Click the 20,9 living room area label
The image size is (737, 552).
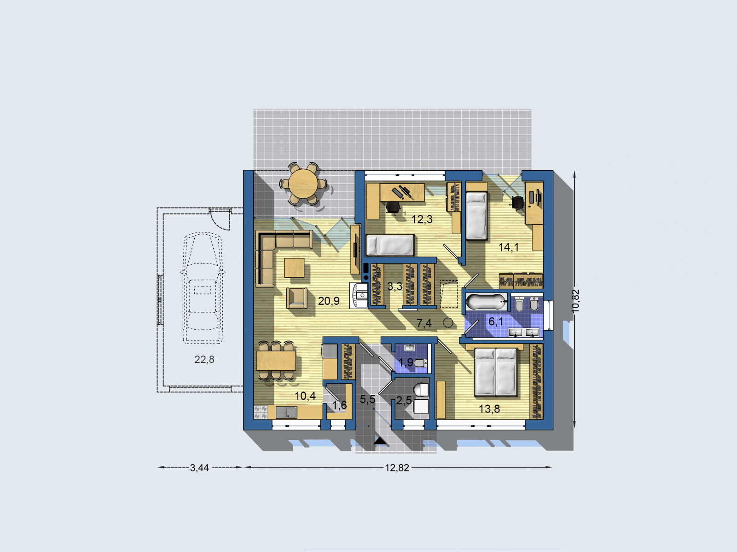pos(328,301)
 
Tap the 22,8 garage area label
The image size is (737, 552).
pos(204,360)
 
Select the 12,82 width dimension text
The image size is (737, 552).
pos(397,468)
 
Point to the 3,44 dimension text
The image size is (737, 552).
pos(199,468)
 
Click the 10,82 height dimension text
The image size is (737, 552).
pos(575,301)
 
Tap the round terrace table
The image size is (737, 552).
pos(303,184)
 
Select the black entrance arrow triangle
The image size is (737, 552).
pos(380,441)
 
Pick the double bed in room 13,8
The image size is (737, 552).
pos(496,372)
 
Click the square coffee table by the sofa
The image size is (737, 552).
pos(294,268)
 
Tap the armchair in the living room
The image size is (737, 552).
pos(297,298)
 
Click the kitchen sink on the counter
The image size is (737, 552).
pos(286,412)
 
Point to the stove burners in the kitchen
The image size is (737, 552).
pos(261,412)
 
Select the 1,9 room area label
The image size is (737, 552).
pos(406,362)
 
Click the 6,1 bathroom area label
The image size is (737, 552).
pos(496,322)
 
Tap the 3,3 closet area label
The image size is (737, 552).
pos(395,287)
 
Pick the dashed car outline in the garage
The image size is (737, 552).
pos(203,288)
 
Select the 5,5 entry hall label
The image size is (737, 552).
pos(367,399)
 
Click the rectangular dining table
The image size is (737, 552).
pos(276,361)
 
